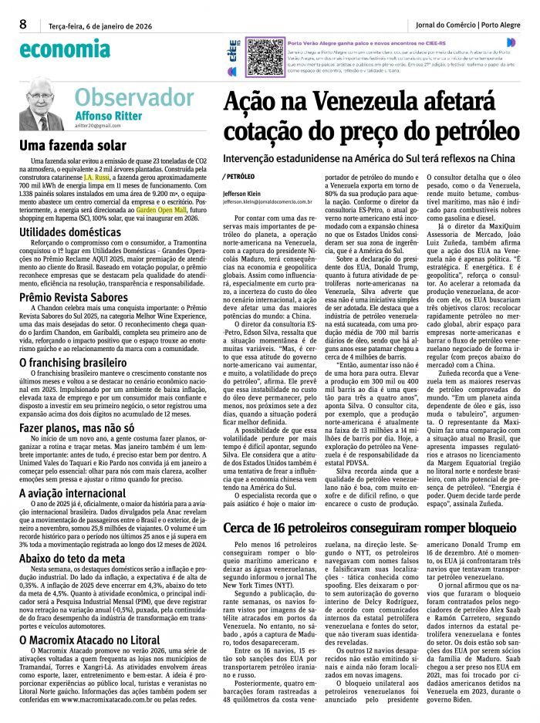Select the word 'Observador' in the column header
tap(134, 98)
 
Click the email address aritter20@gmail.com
tap(98, 125)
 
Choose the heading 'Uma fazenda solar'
tap(62, 145)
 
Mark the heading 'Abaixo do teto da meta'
tap(72, 558)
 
